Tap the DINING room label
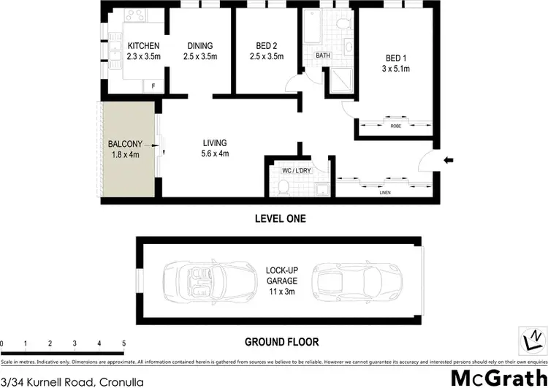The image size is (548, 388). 199,45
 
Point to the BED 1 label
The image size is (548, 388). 398,60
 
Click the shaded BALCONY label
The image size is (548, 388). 123,144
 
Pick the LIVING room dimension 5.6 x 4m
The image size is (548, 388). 216,154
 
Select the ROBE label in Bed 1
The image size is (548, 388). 396,126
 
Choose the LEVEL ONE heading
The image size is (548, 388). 280,218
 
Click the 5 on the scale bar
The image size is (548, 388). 124,343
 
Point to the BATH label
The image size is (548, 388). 322,56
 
